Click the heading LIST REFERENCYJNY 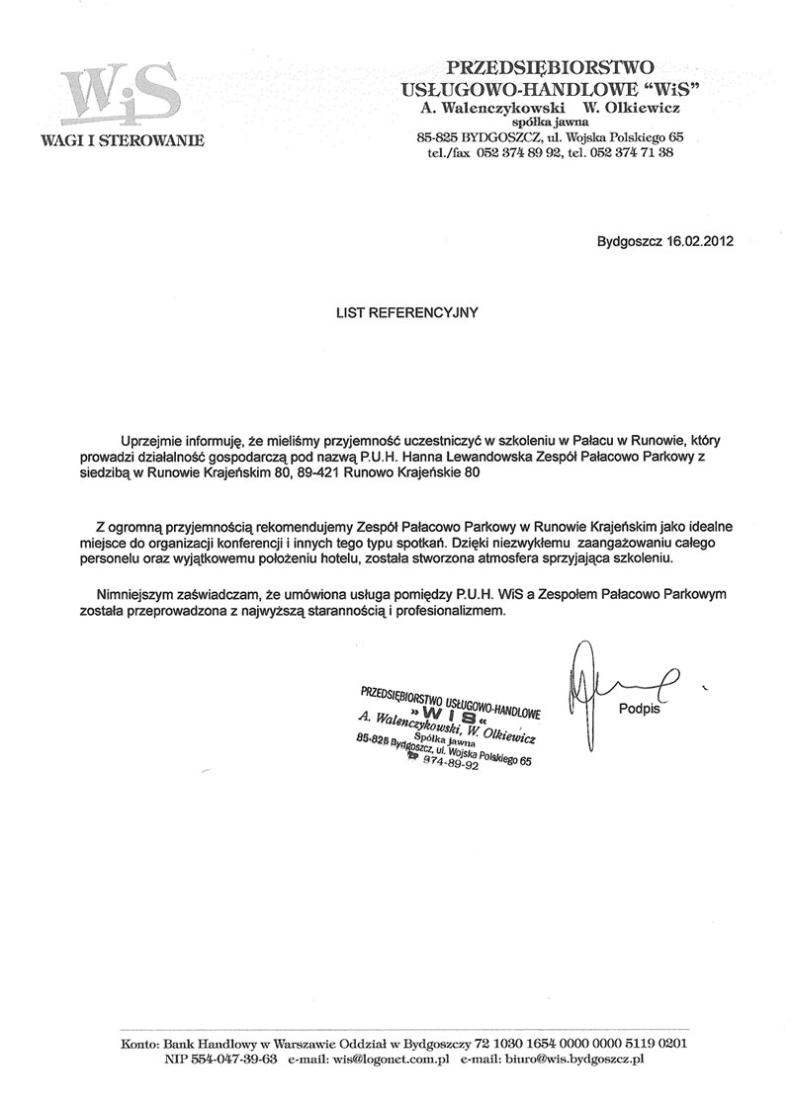point(406,311)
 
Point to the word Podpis point(640,708)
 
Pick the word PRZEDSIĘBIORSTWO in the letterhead point(550,67)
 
